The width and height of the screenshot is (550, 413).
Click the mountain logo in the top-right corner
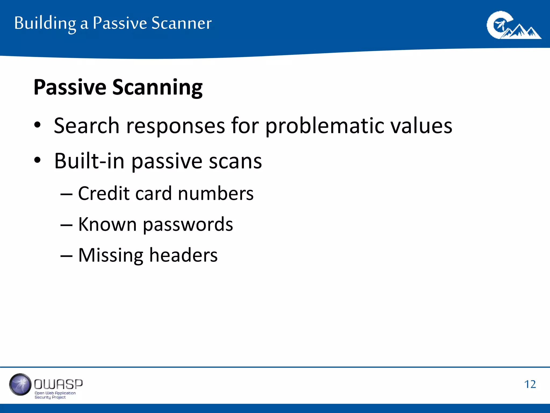click(513, 26)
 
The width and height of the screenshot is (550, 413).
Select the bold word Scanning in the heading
click(157, 88)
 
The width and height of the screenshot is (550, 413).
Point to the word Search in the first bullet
click(86, 126)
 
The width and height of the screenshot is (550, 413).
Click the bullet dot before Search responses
click(37, 125)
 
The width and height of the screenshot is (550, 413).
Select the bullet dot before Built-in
click(37, 160)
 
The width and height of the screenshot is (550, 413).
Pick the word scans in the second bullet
click(235, 161)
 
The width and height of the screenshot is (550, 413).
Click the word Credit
click(104, 193)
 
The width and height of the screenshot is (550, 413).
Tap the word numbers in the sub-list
click(216, 194)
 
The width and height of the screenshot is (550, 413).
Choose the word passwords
click(188, 225)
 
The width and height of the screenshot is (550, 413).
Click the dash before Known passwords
click(66, 225)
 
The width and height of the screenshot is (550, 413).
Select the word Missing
click(110, 255)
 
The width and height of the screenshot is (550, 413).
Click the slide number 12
click(530, 384)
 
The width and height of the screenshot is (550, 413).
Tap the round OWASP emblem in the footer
click(20, 384)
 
